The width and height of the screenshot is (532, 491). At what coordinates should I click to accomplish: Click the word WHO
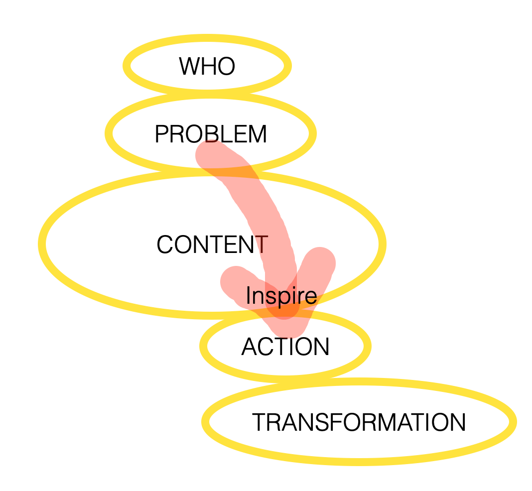pos(207,66)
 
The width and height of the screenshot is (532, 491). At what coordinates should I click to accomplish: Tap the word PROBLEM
pos(211,134)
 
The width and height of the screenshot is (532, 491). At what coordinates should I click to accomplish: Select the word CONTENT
pos(212,245)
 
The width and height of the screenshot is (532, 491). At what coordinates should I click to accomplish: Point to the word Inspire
pos(281,296)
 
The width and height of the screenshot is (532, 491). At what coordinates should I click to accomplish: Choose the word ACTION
pos(285,347)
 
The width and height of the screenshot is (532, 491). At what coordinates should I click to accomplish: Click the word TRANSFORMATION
pos(359,423)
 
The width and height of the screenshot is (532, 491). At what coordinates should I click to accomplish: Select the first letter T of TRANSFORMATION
pos(258,423)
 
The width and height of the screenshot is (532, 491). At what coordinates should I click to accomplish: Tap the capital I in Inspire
pos(248,296)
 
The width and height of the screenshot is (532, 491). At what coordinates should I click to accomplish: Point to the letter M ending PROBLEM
pos(258,134)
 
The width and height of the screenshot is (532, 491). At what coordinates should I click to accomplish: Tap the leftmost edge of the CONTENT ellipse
pos(42,244)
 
